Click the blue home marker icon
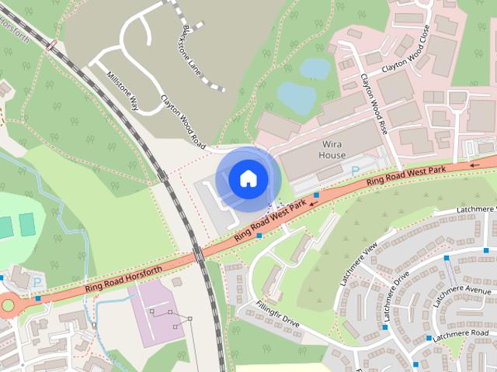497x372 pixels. coord(248,178)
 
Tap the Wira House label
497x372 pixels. coord(332,150)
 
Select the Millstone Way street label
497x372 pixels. coord(123,92)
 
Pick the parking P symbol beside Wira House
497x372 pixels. coord(356,170)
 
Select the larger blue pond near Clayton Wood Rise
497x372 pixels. coord(297,96)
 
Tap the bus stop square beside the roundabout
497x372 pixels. coord(38,298)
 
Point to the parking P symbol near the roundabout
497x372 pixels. coord(37,282)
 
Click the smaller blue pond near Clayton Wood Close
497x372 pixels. coord(315,68)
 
